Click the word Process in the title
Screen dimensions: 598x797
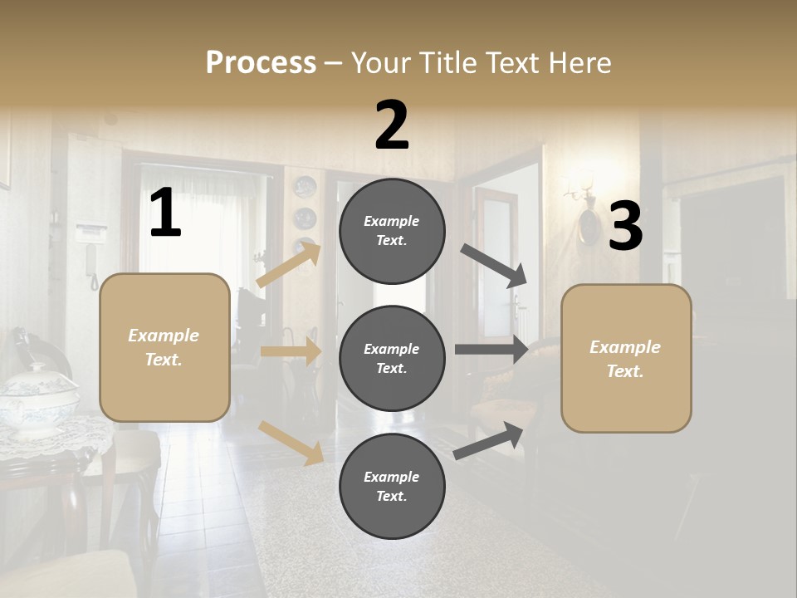(261, 63)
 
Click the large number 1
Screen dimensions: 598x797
(165, 214)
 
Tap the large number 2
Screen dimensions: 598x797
(392, 125)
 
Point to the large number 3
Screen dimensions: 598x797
(625, 227)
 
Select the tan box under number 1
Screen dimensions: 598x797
(164, 347)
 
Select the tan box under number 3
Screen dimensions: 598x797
(626, 358)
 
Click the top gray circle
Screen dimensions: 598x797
(392, 231)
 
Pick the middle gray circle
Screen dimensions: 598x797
(392, 358)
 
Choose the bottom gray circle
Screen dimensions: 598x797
(392, 486)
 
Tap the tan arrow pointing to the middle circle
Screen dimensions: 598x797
(291, 351)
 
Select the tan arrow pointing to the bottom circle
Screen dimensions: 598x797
(291, 442)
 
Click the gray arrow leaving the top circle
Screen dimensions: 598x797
(494, 266)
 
